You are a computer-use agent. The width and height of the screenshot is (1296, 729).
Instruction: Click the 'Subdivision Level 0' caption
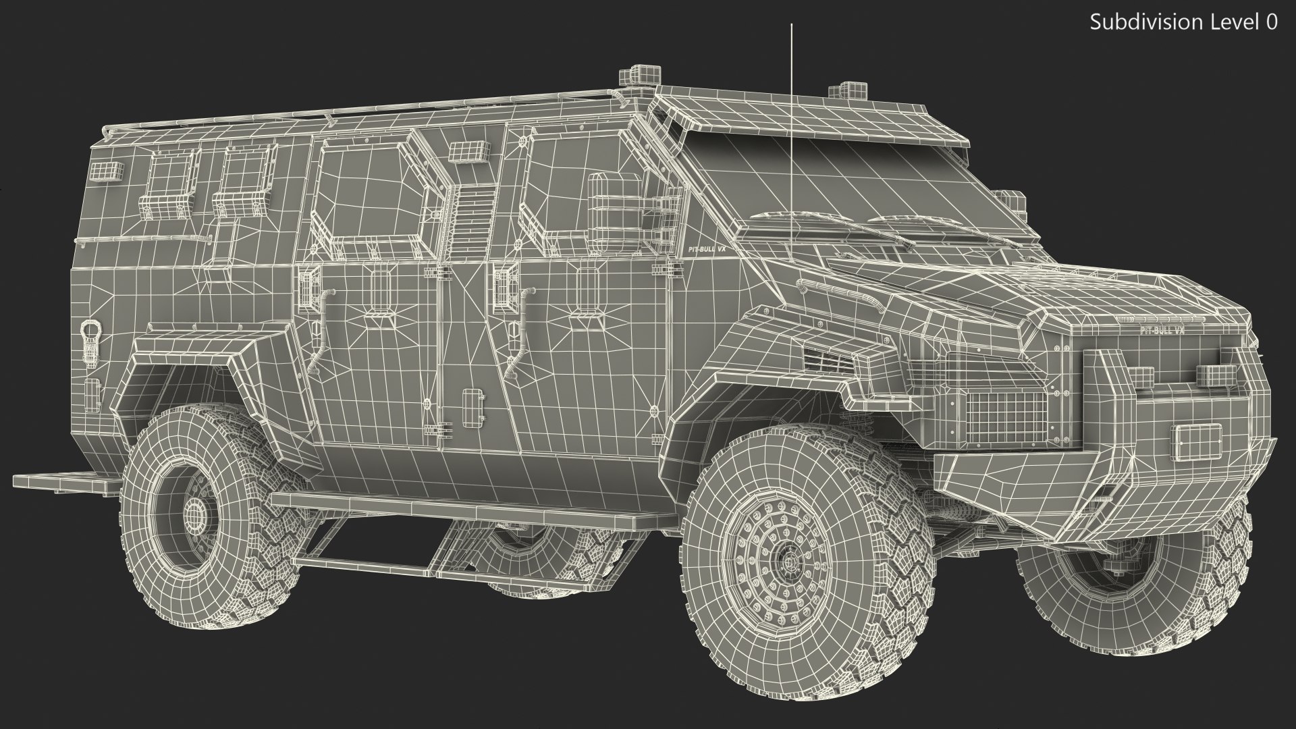[1183, 22]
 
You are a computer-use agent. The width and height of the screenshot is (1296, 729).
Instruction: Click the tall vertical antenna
[791, 101]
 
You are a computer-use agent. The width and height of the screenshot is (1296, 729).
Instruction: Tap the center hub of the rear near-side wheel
[196, 514]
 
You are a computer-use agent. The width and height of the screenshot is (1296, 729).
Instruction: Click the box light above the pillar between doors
[466, 153]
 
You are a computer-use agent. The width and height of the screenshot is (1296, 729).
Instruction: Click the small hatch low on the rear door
[473, 404]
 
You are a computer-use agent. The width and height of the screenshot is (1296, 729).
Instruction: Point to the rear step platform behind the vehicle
[64, 481]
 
